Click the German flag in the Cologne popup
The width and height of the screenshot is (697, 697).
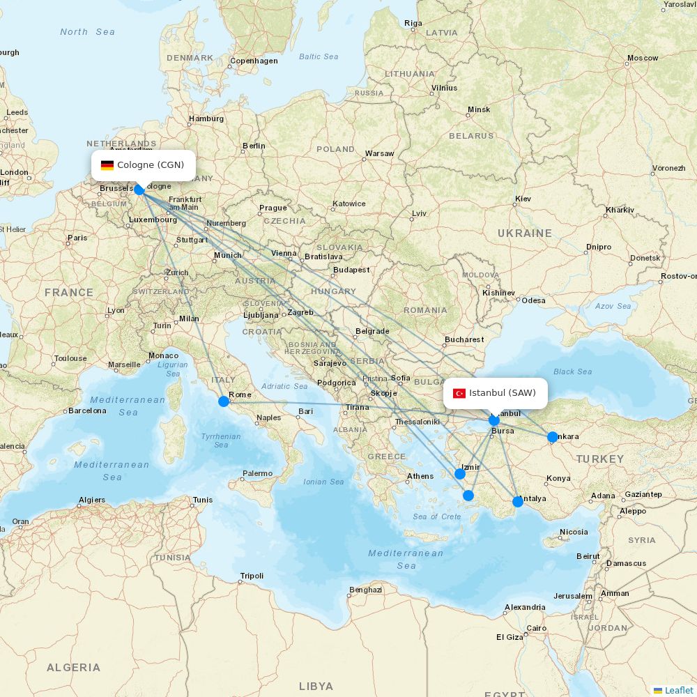pos(107,165)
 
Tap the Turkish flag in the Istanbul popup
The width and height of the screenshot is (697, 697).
pos(459,393)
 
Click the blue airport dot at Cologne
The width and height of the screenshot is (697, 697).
pos(139,190)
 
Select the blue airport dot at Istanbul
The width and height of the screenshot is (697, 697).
pos(494,420)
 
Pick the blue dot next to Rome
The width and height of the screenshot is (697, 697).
pos(224,401)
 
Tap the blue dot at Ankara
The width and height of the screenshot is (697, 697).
pos(553,437)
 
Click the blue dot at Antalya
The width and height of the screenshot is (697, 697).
pos(518,502)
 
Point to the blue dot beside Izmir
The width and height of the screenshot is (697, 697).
pos(460,474)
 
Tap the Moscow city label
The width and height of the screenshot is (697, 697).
pos(643,58)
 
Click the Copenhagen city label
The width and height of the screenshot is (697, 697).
pos(254,61)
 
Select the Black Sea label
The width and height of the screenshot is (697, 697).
pos(573,372)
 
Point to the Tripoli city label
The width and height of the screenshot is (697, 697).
pos(252,576)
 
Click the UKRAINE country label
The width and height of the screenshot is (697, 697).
pos(525,233)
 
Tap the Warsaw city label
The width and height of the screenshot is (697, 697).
pos(379,153)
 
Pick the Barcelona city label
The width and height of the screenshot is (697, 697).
pos(87,411)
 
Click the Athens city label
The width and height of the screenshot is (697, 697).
pos(420,477)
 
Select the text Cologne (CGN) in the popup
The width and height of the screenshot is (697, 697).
pos(151,165)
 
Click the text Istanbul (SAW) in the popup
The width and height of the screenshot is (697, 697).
pos(503,393)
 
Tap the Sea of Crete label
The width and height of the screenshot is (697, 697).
pos(437,516)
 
